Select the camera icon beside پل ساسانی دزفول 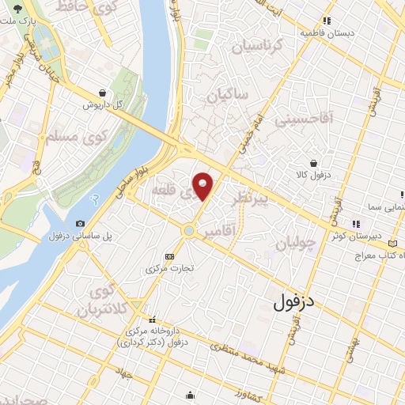point(80,224)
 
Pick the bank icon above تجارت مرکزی point(169,256)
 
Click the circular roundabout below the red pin point(188,230)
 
